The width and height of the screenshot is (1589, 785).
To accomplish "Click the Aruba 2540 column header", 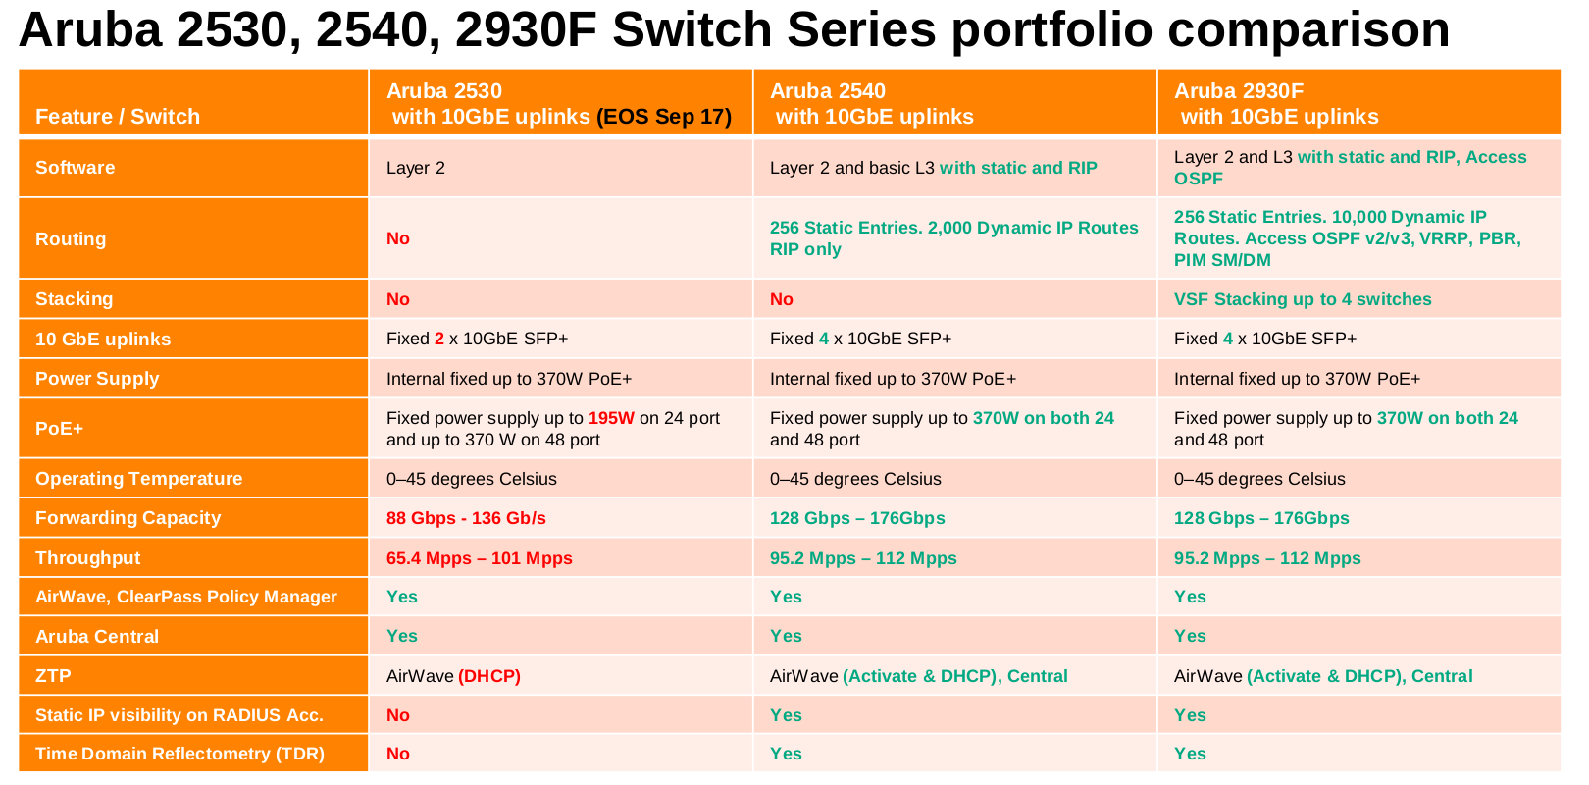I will (871, 103).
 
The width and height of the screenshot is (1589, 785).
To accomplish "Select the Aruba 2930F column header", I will (1275, 103).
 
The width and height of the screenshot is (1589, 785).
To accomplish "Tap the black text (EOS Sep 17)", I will (664, 117).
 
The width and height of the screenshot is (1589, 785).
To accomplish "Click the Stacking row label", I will (75, 299).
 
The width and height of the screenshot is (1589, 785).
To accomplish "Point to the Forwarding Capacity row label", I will (128, 518).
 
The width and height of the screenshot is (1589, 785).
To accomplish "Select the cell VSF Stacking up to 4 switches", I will (1303, 299).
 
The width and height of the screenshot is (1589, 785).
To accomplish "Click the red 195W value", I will (611, 418).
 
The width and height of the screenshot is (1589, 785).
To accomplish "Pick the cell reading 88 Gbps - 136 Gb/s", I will (466, 518).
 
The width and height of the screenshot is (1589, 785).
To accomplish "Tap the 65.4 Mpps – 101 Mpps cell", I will (479, 558).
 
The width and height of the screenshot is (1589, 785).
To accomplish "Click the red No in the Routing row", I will (398, 238).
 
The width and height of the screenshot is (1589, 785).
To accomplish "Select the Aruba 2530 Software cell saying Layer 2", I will (416, 168).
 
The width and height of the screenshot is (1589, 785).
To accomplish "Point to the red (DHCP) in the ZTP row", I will (489, 676).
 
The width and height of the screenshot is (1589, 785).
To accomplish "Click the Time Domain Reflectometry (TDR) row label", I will (179, 754).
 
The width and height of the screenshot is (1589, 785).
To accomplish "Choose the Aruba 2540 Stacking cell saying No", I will (782, 299).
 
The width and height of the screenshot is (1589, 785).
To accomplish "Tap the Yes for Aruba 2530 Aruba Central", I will (402, 636).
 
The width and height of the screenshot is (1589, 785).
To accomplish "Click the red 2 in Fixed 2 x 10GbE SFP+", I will (439, 339).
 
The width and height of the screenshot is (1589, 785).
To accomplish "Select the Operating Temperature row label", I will (138, 479).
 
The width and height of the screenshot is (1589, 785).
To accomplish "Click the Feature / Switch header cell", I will (118, 117).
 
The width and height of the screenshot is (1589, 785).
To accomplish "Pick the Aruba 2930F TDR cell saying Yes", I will (1190, 754).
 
